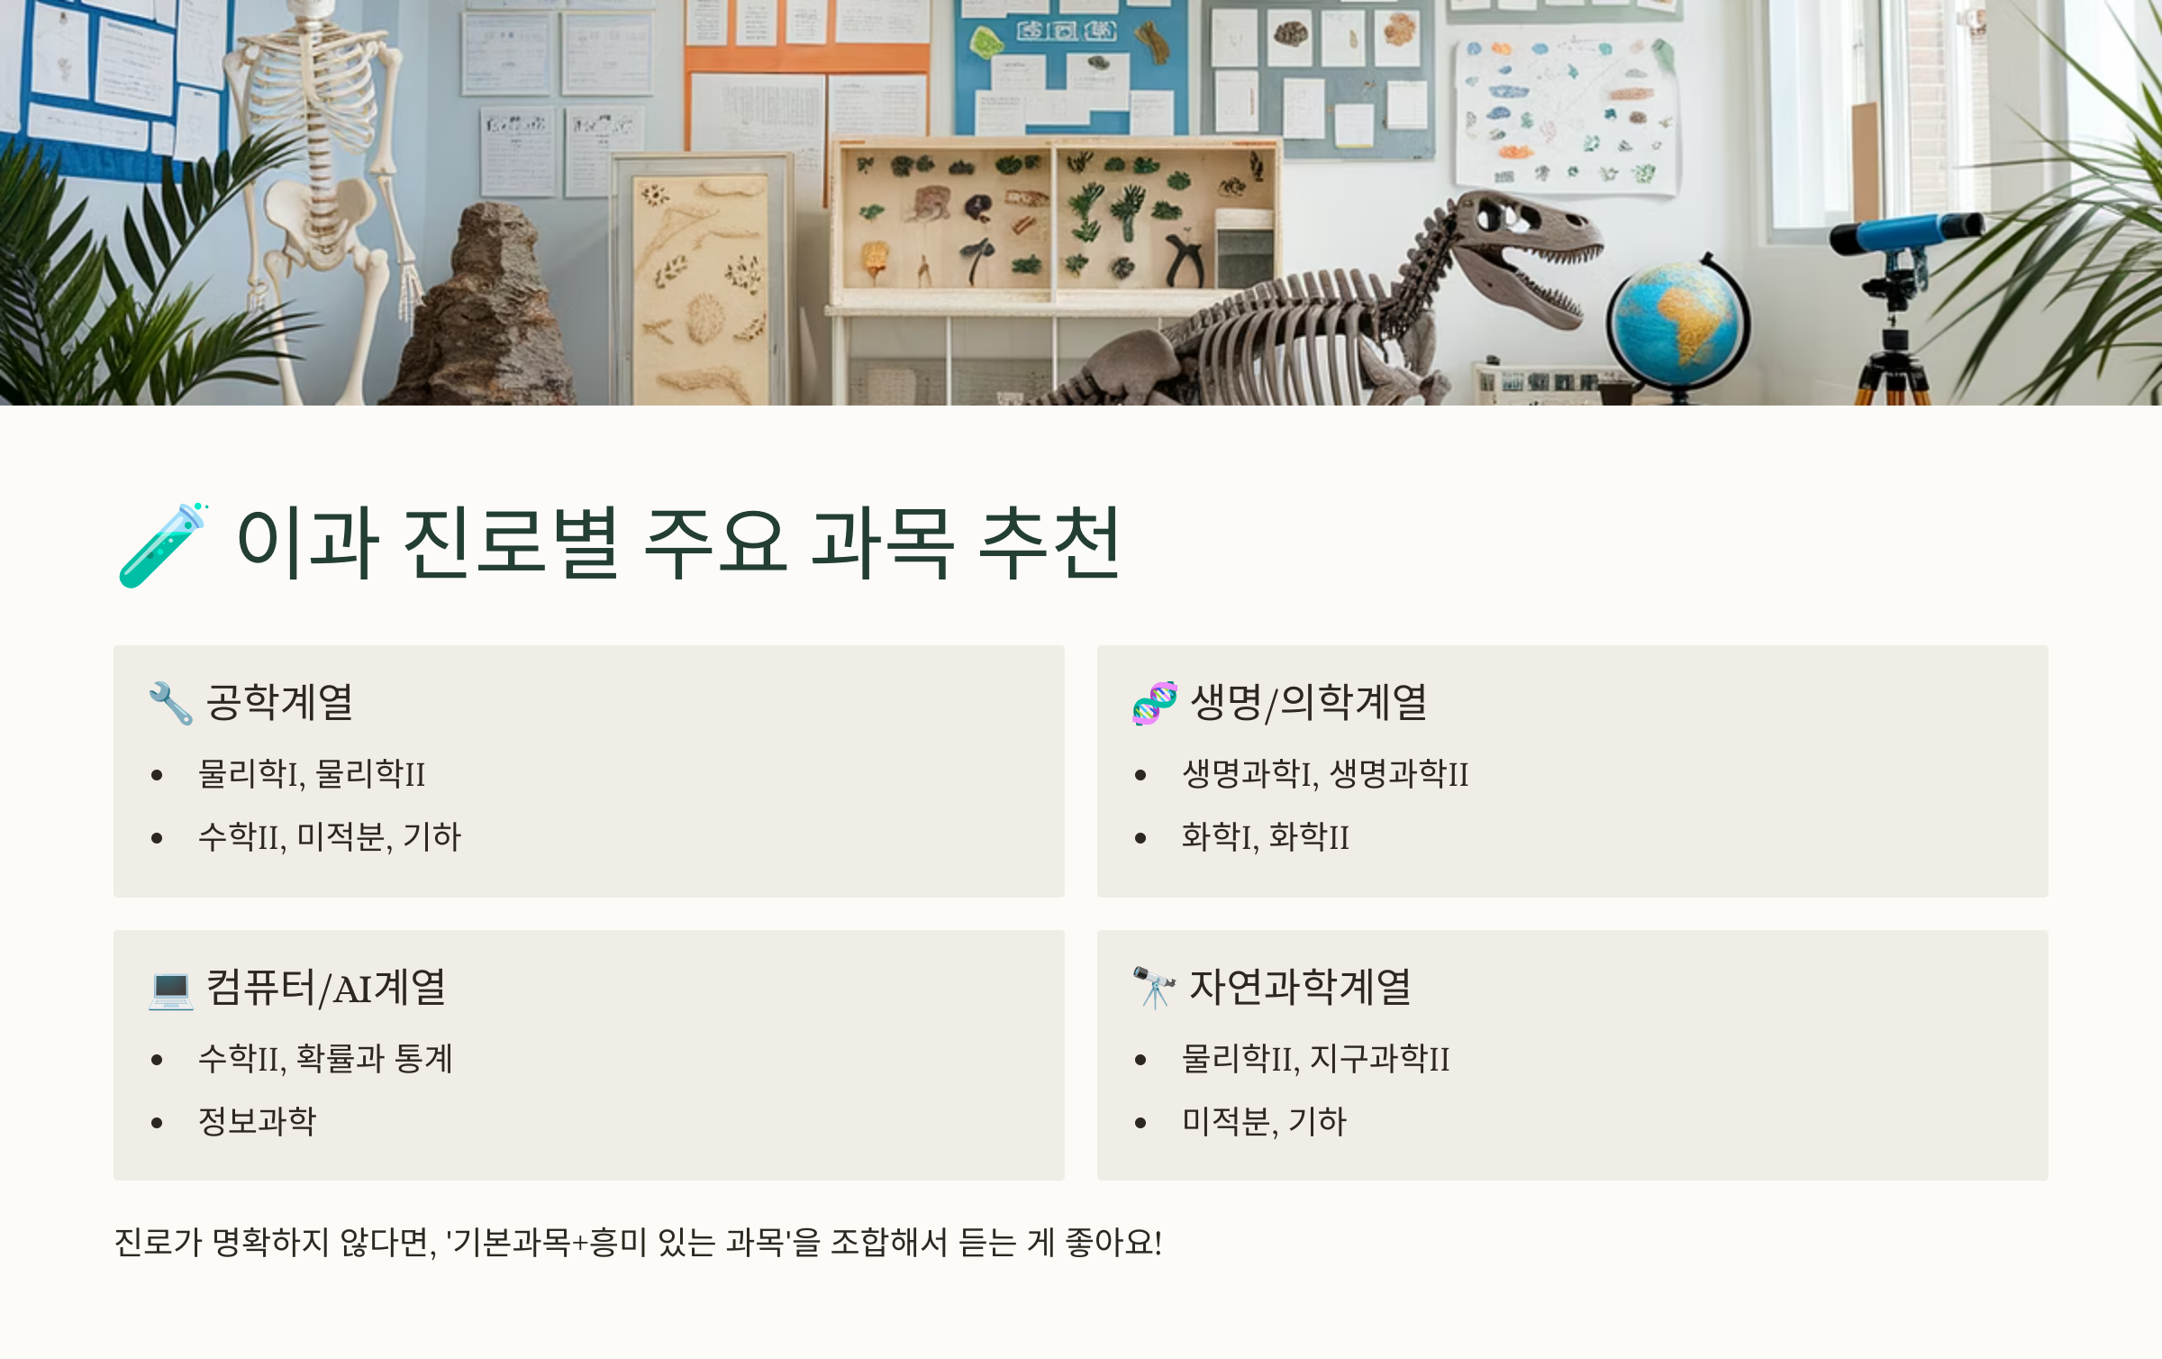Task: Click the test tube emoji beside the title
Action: click(163, 545)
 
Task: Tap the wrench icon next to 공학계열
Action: click(170, 703)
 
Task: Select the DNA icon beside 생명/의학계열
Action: click(1154, 703)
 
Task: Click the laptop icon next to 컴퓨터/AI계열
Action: click(170, 989)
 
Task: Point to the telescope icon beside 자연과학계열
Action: click(1154, 988)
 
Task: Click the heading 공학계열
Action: click(279, 702)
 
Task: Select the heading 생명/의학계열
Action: click(1308, 702)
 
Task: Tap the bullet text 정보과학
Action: click(258, 1121)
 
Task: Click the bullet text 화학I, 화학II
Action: click(1265, 837)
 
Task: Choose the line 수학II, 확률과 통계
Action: click(325, 1058)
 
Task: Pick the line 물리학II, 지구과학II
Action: click(1315, 1058)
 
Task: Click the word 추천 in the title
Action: click(1049, 543)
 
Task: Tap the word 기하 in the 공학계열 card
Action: click(432, 837)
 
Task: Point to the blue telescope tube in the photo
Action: click(1901, 232)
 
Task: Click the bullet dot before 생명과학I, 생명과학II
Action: click(1140, 775)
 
